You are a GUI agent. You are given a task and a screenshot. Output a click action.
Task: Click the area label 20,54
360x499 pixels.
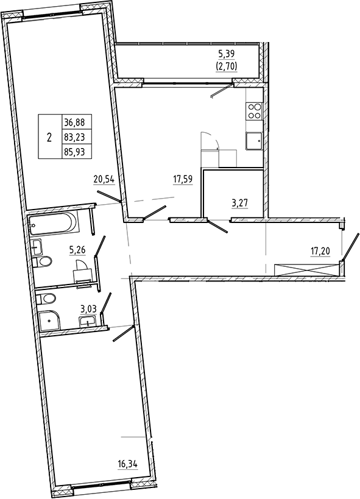[104, 179]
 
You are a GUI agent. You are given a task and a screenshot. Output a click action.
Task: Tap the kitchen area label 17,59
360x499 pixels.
[183, 179]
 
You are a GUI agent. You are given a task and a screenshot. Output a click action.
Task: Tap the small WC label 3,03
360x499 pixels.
[89, 309]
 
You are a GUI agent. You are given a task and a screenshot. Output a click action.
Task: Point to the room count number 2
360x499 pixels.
[49, 136]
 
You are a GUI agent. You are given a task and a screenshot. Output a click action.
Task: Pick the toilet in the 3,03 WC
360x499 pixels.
[47, 299]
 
